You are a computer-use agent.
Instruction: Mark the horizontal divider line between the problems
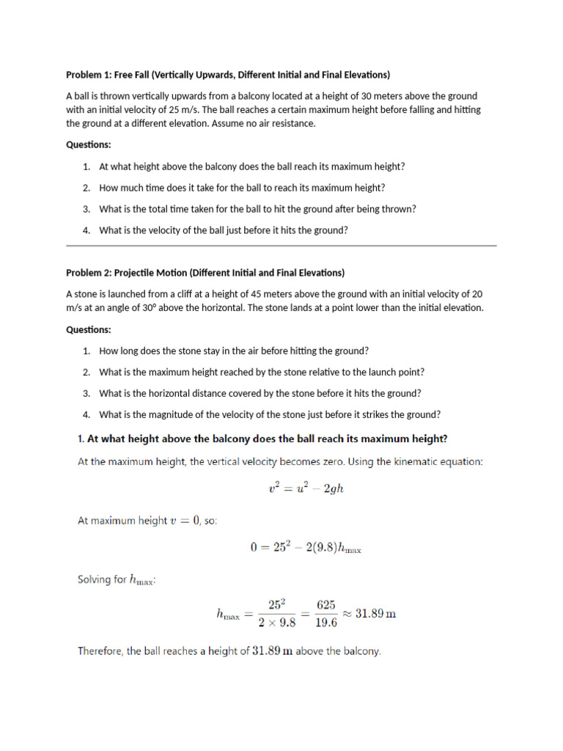click(x=281, y=246)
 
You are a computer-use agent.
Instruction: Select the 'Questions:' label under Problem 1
click(x=89, y=144)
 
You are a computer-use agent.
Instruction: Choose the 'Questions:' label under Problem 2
click(x=89, y=329)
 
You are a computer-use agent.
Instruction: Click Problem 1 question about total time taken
click(x=257, y=209)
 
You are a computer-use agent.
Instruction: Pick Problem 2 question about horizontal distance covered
click(x=260, y=393)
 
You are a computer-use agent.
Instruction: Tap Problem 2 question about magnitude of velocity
click(x=270, y=414)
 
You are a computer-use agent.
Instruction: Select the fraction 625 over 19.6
click(x=325, y=613)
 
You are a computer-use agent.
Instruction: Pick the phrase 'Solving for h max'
click(x=117, y=580)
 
